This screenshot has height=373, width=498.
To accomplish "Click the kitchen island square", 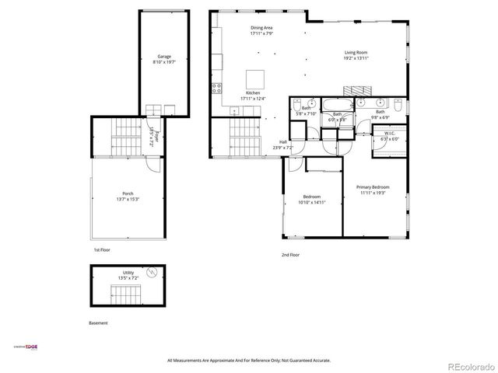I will pyautogui.click(x=254, y=79).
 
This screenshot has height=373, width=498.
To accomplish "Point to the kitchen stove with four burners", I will pyautogui.click(x=216, y=89).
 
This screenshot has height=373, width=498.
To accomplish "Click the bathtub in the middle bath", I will pyautogui.click(x=337, y=104).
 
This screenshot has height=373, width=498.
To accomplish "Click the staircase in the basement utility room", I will pyautogui.click(x=126, y=295).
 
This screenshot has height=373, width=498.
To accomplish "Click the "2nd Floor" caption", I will pyautogui.click(x=291, y=255).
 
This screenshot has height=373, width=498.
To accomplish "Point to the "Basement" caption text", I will pyautogui.click(x=98, y=322).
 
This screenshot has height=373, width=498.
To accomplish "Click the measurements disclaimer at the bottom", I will pyautogui.click(x=249, y=361).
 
